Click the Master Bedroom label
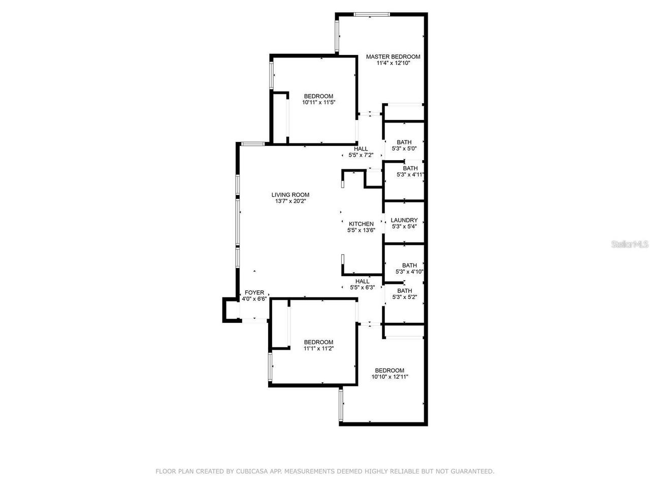click(393, 56)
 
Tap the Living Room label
click(290, 195)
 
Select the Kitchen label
click(361, 224)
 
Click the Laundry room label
click(404, 220)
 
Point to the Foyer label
click(254, 292)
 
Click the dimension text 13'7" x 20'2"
click(290, 201)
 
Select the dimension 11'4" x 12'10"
click(393, 64)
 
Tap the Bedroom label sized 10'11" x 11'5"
click(318, 96)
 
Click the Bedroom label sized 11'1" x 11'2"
click(318, 342)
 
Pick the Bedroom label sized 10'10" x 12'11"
click(389, 370)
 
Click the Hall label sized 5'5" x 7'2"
click(361, 148)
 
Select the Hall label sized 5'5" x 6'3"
click(363, 281)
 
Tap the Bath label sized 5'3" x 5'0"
click(404, 142)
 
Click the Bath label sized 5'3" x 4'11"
click(410, 168)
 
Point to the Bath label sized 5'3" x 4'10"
click(409, 265)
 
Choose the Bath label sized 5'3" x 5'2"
click(405, 291)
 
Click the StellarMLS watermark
click(630, 245)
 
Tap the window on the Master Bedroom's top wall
click(372, 14)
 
